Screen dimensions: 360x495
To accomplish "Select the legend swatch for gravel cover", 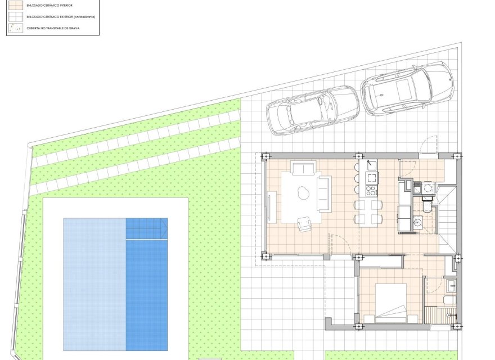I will point(15,27).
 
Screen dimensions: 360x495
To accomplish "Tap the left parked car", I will point(313,110).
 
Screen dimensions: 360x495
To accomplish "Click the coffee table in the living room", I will point(304,193).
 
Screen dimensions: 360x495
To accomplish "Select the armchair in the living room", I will point(304,224).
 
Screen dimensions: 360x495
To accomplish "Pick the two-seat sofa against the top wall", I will point(304,168).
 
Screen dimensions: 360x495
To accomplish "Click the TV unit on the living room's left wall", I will point(272,207).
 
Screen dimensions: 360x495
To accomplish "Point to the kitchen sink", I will point(371,165).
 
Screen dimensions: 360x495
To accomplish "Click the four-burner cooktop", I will point(371,191).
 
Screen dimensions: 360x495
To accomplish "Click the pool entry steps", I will point(146,229).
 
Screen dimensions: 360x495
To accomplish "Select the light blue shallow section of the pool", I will point(94,284).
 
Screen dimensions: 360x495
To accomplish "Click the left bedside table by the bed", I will point(369,319).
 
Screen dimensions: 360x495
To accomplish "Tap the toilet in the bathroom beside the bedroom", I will point(448,300).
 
